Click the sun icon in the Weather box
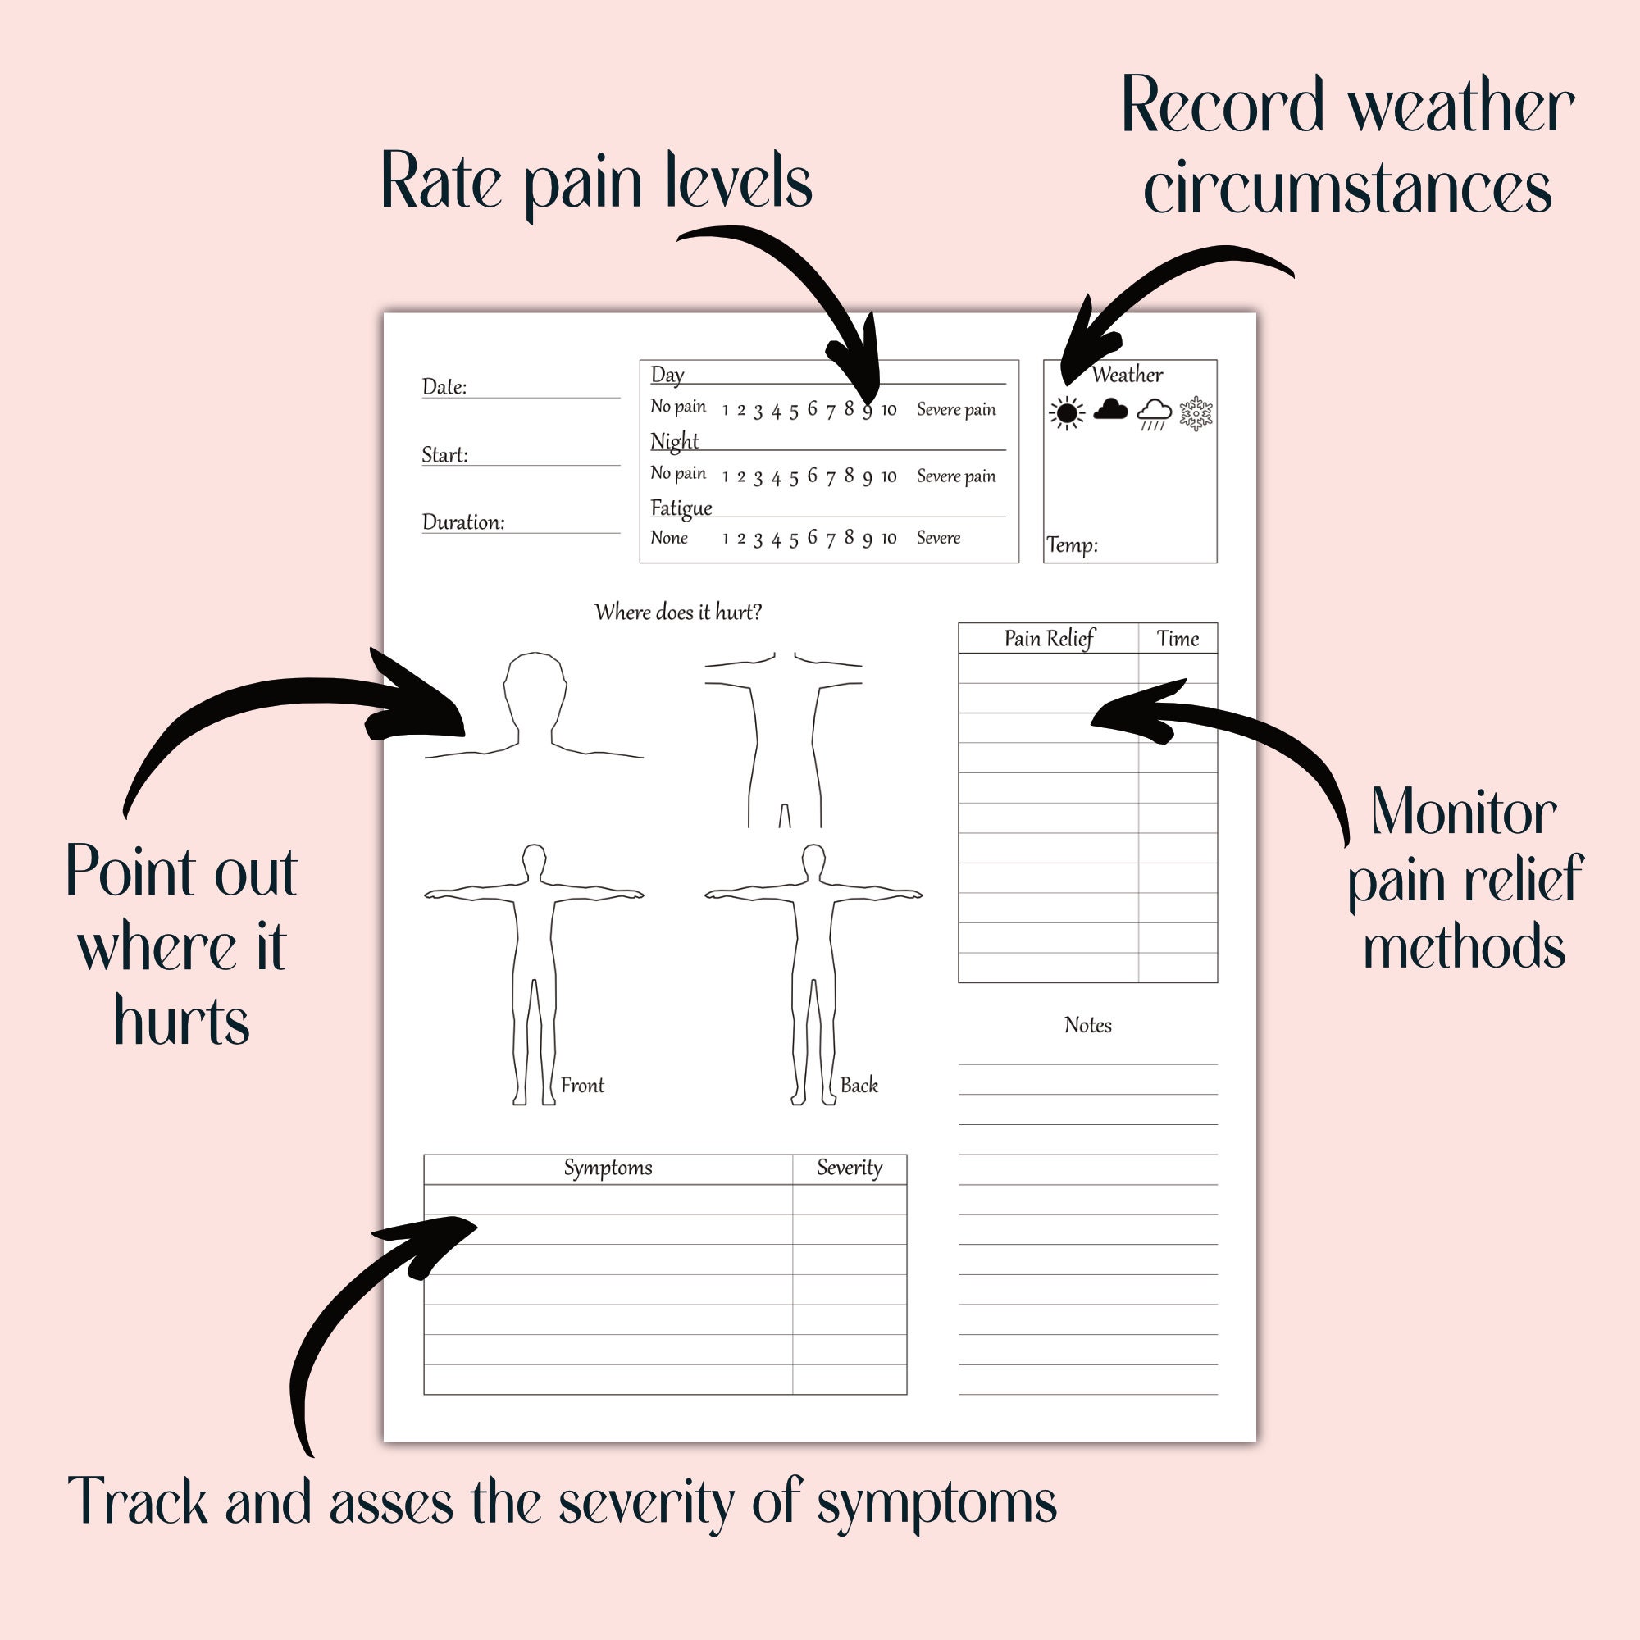pos(1066,413)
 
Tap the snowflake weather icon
pos(1196,413)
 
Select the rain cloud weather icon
pos(1154,414)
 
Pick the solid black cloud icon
pos(1110,410)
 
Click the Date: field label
pos(444,387)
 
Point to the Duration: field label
pos(462,522)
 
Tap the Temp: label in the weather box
pos(1071,545)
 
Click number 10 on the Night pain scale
pos(888,477)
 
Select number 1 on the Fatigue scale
pos(725,539)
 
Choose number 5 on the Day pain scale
pos(794,412)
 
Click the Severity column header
pos(849,1168)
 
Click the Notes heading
pos(1087,1026)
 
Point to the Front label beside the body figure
pos(582,1086)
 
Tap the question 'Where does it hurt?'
pos(677,612)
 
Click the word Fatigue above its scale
pos(681,508)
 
